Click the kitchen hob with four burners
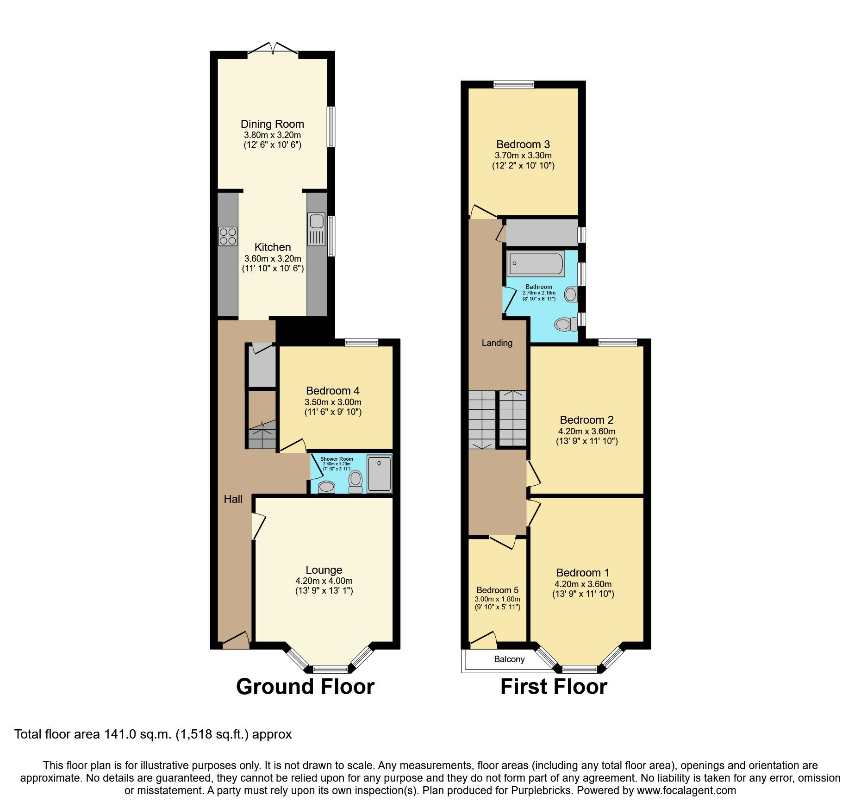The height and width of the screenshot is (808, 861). [228, 236]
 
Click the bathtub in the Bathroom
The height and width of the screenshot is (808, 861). [536, 263]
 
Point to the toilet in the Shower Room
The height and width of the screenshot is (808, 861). [356, 482]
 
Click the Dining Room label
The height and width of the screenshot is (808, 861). [272, 124]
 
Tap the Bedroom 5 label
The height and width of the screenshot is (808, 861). [497, 590]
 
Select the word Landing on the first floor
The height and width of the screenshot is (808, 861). [497, 343]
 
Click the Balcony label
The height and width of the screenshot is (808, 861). [509, 659]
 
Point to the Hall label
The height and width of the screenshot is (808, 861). [233, 499]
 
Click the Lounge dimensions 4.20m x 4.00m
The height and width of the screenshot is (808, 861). [324, 581]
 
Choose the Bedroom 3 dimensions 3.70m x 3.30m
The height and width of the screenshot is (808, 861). [523, 156]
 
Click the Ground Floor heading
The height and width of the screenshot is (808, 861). [305, 686]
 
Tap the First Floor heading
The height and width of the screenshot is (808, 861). [554, 686]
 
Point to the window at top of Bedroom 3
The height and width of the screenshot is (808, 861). [513, 84]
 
